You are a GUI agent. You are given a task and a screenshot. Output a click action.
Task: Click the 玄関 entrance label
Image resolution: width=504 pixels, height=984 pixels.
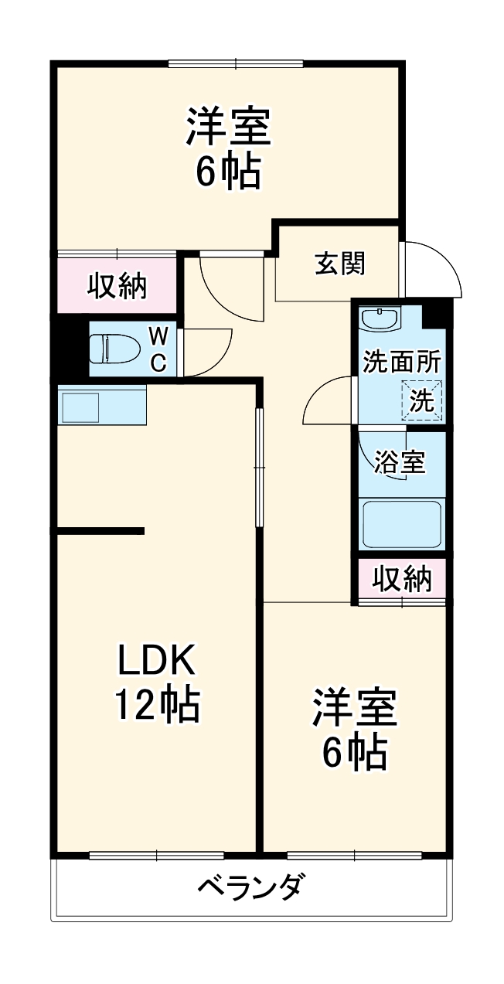tap(339, 264)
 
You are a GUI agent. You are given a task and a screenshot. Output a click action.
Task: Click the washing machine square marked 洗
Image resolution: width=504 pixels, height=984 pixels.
tap(423, 400)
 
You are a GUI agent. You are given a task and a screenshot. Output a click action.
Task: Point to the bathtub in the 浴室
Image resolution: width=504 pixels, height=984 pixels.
tap(402, 526)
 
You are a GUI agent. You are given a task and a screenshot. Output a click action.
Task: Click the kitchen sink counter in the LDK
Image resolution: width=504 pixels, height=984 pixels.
tap(100, 405)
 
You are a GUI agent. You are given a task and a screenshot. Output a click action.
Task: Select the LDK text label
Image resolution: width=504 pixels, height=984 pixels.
tap(158, 662)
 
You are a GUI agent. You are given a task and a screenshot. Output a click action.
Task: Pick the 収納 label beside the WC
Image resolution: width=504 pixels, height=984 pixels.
tap(116, 286)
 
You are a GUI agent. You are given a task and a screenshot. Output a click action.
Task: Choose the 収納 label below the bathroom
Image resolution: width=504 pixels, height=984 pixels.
tap(402, 578)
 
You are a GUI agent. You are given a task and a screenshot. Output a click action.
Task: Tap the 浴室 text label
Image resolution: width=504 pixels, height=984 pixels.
tap(399, 462)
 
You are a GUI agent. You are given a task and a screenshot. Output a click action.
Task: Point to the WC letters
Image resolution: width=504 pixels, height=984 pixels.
tap(158, 349)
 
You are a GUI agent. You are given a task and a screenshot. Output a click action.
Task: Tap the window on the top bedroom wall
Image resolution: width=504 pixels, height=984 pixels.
tap(236, 64)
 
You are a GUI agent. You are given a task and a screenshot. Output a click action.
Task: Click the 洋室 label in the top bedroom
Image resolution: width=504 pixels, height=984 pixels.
tap(227, 128)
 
